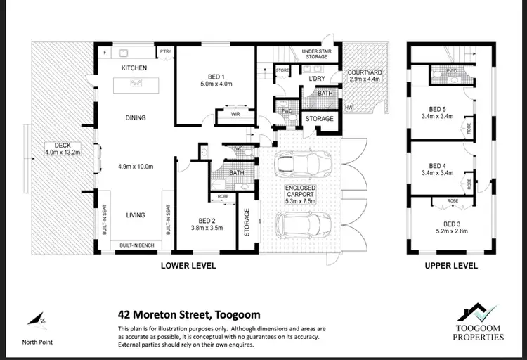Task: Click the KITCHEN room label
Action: point(134,68)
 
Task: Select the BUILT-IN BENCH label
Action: point(138,245)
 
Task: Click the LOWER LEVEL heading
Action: point(188,266)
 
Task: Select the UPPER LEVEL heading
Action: point(451,266)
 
